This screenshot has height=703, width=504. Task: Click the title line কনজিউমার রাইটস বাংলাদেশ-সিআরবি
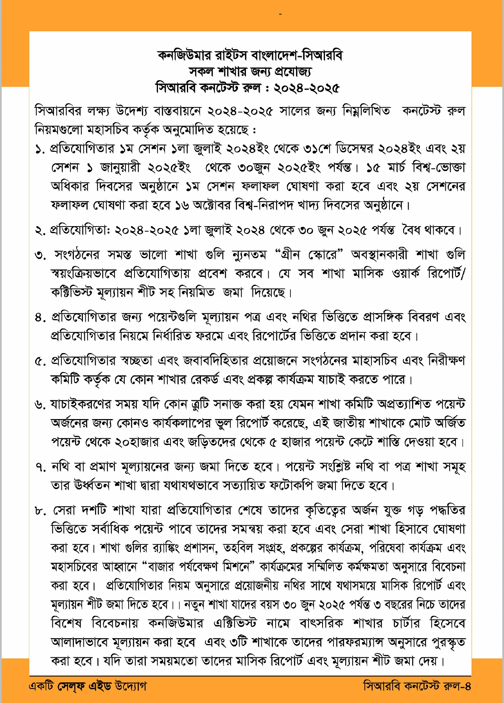[250, 55]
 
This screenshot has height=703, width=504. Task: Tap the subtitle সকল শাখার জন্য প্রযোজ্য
[250, 72]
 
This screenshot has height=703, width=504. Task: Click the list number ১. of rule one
[40, 149]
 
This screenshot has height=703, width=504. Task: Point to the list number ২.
[40, 231]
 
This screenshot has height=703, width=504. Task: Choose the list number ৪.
[40, 318]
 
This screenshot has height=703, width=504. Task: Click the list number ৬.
[40, 405]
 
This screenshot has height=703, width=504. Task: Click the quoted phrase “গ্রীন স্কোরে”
[309, 255]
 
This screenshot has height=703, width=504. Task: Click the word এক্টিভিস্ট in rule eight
[235, 623]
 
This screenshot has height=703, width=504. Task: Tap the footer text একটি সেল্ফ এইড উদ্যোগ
[88, 686]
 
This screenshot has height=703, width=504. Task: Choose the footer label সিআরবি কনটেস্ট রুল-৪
[417, 686]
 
